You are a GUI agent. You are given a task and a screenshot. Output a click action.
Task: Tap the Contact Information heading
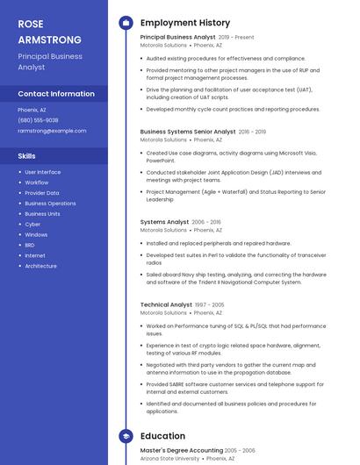pyautogui.click(x=56, y=94)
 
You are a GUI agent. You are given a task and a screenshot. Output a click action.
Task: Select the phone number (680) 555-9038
pyautogui.click(x=38, y=120)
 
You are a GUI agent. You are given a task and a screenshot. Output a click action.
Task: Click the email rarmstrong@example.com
pyautogui.click(x=52, y=131)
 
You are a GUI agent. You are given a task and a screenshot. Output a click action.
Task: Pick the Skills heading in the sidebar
pyautogui.click(x=26, y=155)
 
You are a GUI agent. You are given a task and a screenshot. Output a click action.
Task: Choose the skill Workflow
pyautogui.click(x=37, y=182)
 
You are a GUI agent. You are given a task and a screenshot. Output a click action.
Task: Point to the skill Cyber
pyautogui.click(x=32, y=225)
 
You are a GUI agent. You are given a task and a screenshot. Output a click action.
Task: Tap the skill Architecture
pyautogui.click(x=40, y=266)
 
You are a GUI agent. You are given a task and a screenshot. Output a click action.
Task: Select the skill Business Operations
pyautogui.click(x=50, y=204)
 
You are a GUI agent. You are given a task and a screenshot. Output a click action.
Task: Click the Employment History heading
pyautogui.click(x=185, y=23)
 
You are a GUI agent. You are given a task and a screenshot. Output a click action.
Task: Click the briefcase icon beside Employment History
pyautogui.click(x=125, y=23)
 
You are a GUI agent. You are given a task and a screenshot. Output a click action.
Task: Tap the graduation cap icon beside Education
pyautogui.click(x=125, y=436)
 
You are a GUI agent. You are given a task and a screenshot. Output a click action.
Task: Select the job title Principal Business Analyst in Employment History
pyautogui.click(x=177, y=38)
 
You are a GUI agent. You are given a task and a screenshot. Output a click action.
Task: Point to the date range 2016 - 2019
pyautogui.click(x=252, y=132)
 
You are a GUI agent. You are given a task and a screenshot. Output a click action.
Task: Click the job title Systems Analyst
pyautogui.click(x=164, y=222)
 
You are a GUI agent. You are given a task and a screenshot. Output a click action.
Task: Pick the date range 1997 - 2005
pyautogui.click(x=209, y=304)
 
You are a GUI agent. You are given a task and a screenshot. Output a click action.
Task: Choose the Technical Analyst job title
pyautogui.click(x=166, y=304)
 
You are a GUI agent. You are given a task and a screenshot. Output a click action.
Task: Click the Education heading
pyautogui.click(x=162, y=436)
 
